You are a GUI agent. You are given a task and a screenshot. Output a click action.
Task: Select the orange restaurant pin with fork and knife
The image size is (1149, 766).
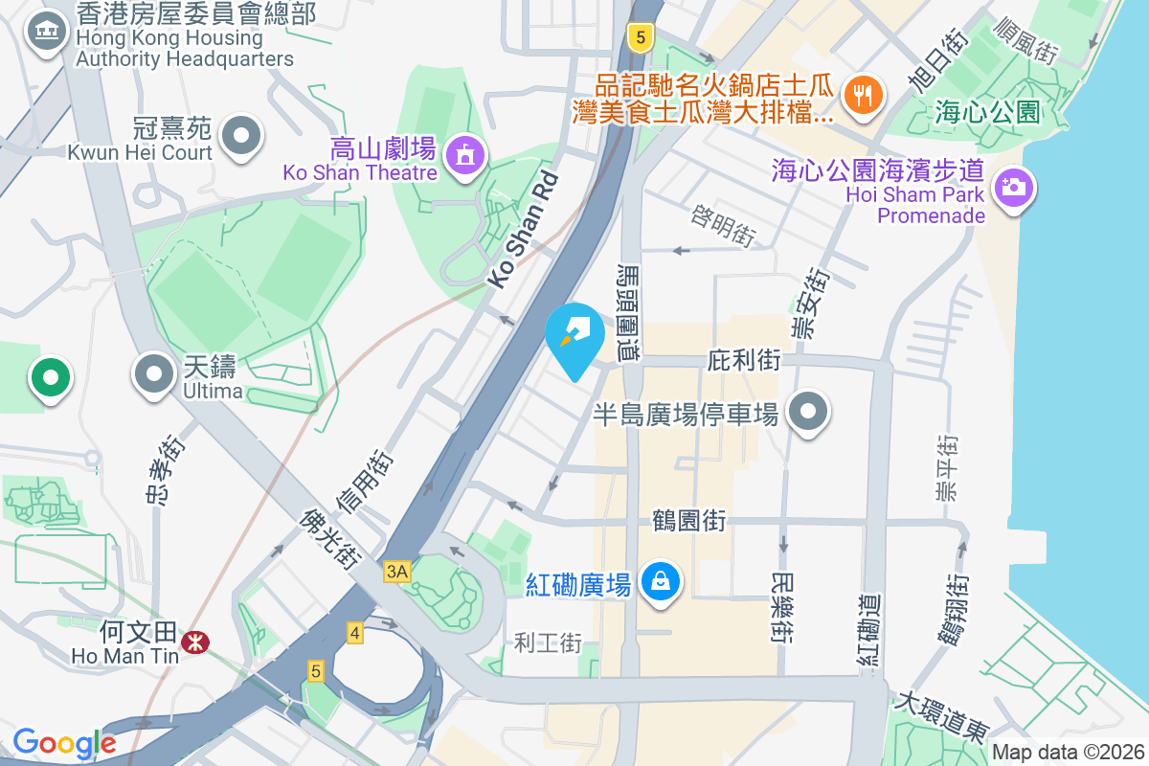pyautogui.click(x=863, y=95)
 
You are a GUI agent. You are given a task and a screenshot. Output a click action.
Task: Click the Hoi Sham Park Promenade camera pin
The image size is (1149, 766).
pyautogui.click(x=1012, y=185)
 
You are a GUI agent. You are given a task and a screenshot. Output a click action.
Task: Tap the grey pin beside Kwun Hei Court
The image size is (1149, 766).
pyautogui.click(x=241, y=135)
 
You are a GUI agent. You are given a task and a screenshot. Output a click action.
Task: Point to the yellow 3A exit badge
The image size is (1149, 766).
pyautogui.click(x=396, y=573)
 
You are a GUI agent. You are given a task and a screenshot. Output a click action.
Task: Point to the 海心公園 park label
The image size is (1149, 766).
pyautogui.click(x=986, y=113)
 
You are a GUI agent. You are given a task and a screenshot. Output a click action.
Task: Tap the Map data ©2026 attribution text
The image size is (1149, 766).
pyautogui.click(x=1067, y=753)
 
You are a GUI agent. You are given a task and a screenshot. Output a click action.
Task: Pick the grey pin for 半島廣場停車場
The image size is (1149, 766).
pyautogui.click(x=808, y=412)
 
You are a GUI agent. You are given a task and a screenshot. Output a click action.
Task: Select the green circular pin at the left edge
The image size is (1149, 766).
pyautogui.click(x=50, y=377)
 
